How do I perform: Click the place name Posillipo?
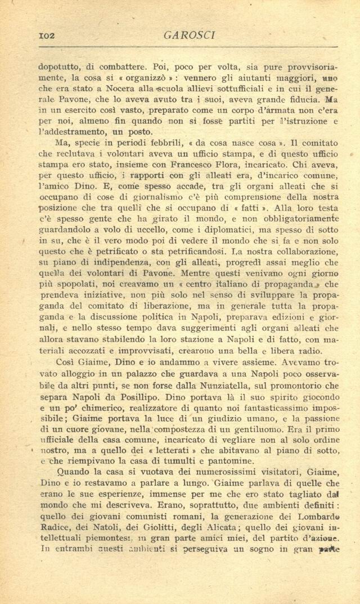(x=146, y=397)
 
